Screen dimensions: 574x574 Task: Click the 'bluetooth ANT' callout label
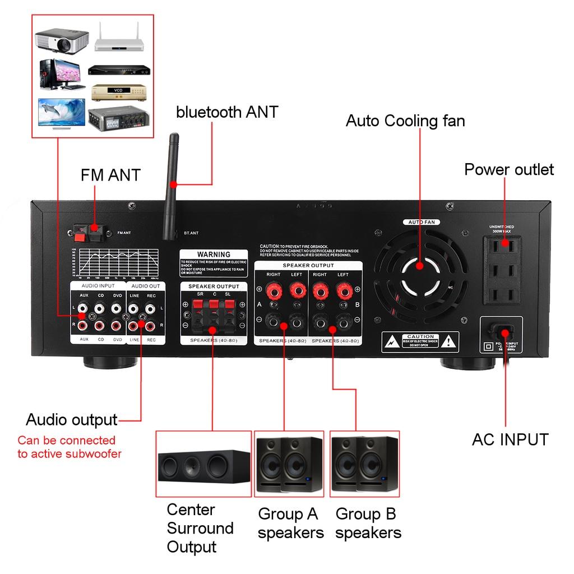click(227, 112)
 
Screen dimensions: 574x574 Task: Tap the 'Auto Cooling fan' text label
click(405, 121)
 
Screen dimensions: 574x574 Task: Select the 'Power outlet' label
click(508, 169)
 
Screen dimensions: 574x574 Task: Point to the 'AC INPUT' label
click(510, 439)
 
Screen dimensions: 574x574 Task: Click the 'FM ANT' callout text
click(110, 175)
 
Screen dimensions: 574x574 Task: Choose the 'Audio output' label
click(72, 419)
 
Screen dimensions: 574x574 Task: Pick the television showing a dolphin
click(61, 114)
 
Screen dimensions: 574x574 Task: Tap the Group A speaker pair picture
click(289, 463)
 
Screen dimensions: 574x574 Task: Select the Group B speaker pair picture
click(364, 463)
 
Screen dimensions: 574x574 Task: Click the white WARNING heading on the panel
click(214, 254)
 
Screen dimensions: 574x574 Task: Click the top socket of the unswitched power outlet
click(502, 245)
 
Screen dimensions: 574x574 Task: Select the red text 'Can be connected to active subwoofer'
click(69, 447)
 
